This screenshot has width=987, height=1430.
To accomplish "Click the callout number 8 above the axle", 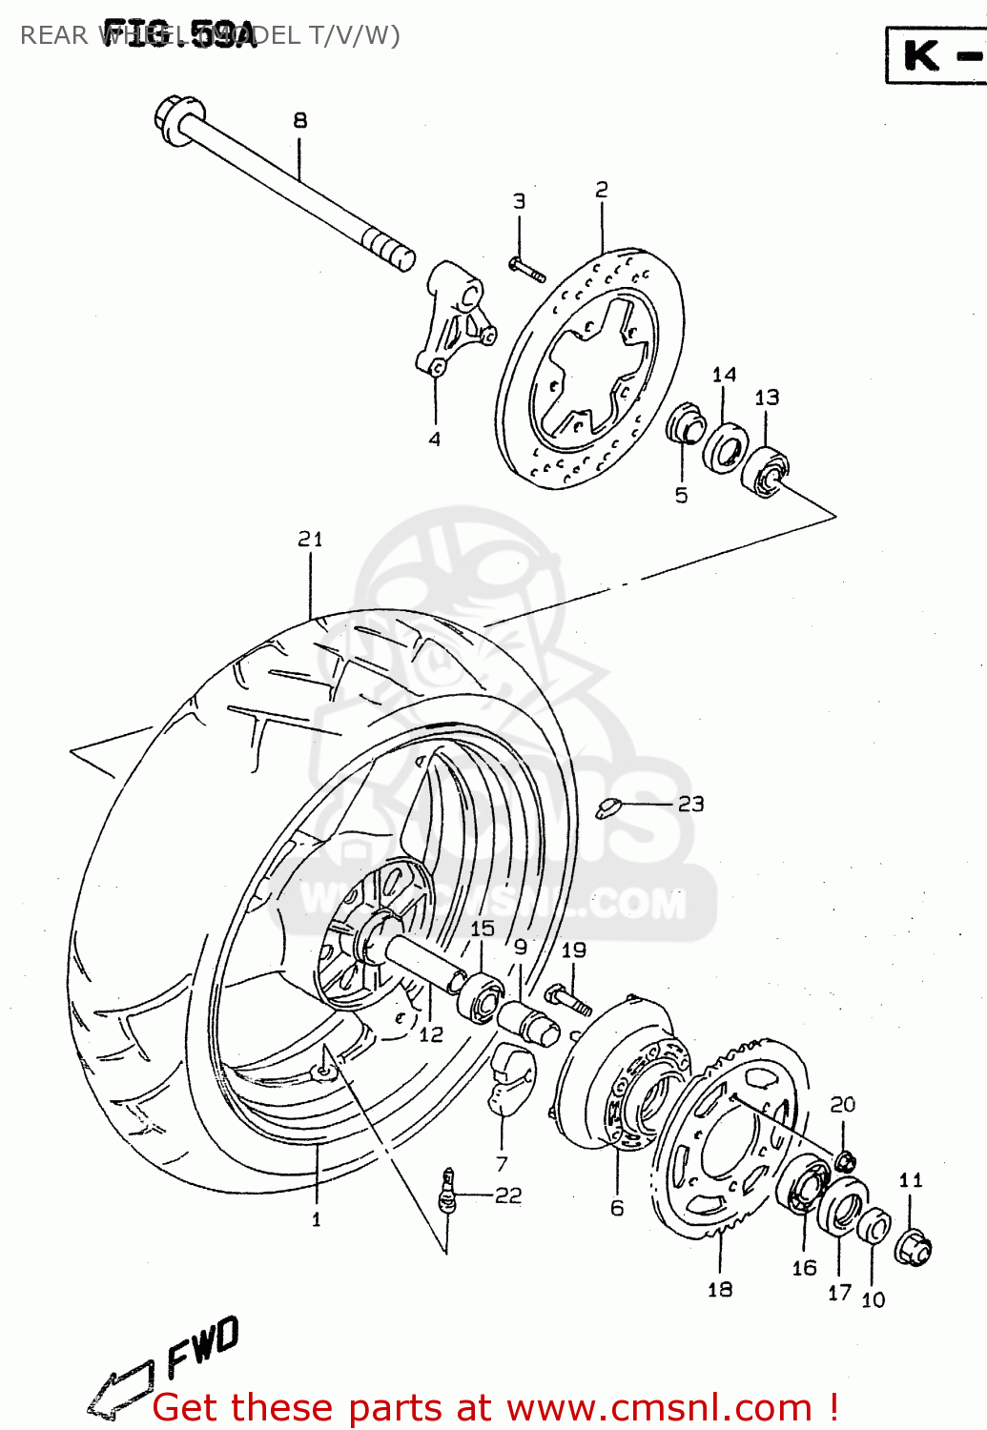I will (x=300, y=121).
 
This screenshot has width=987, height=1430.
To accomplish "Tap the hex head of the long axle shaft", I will (x=175, y=119).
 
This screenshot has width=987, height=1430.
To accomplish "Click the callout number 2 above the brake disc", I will (x=602, y=190).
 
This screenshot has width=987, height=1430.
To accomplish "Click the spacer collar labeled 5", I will (x=685, y=425).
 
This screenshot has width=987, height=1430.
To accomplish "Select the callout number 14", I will (x=724, y=375).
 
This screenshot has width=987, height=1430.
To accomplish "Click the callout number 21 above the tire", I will (x=310, y=540).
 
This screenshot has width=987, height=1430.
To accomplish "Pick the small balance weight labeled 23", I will (x=607, y=808).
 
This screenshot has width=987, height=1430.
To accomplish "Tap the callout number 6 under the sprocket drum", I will (x=617, y=1208).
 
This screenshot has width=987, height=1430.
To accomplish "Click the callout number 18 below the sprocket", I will (x=720, y=1289).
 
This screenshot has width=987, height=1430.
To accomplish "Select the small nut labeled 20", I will (x=845, y=1161).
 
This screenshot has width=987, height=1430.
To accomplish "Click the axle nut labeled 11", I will (x=913, y=1246).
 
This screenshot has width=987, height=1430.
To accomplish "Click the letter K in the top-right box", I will (x=921, y=55).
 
